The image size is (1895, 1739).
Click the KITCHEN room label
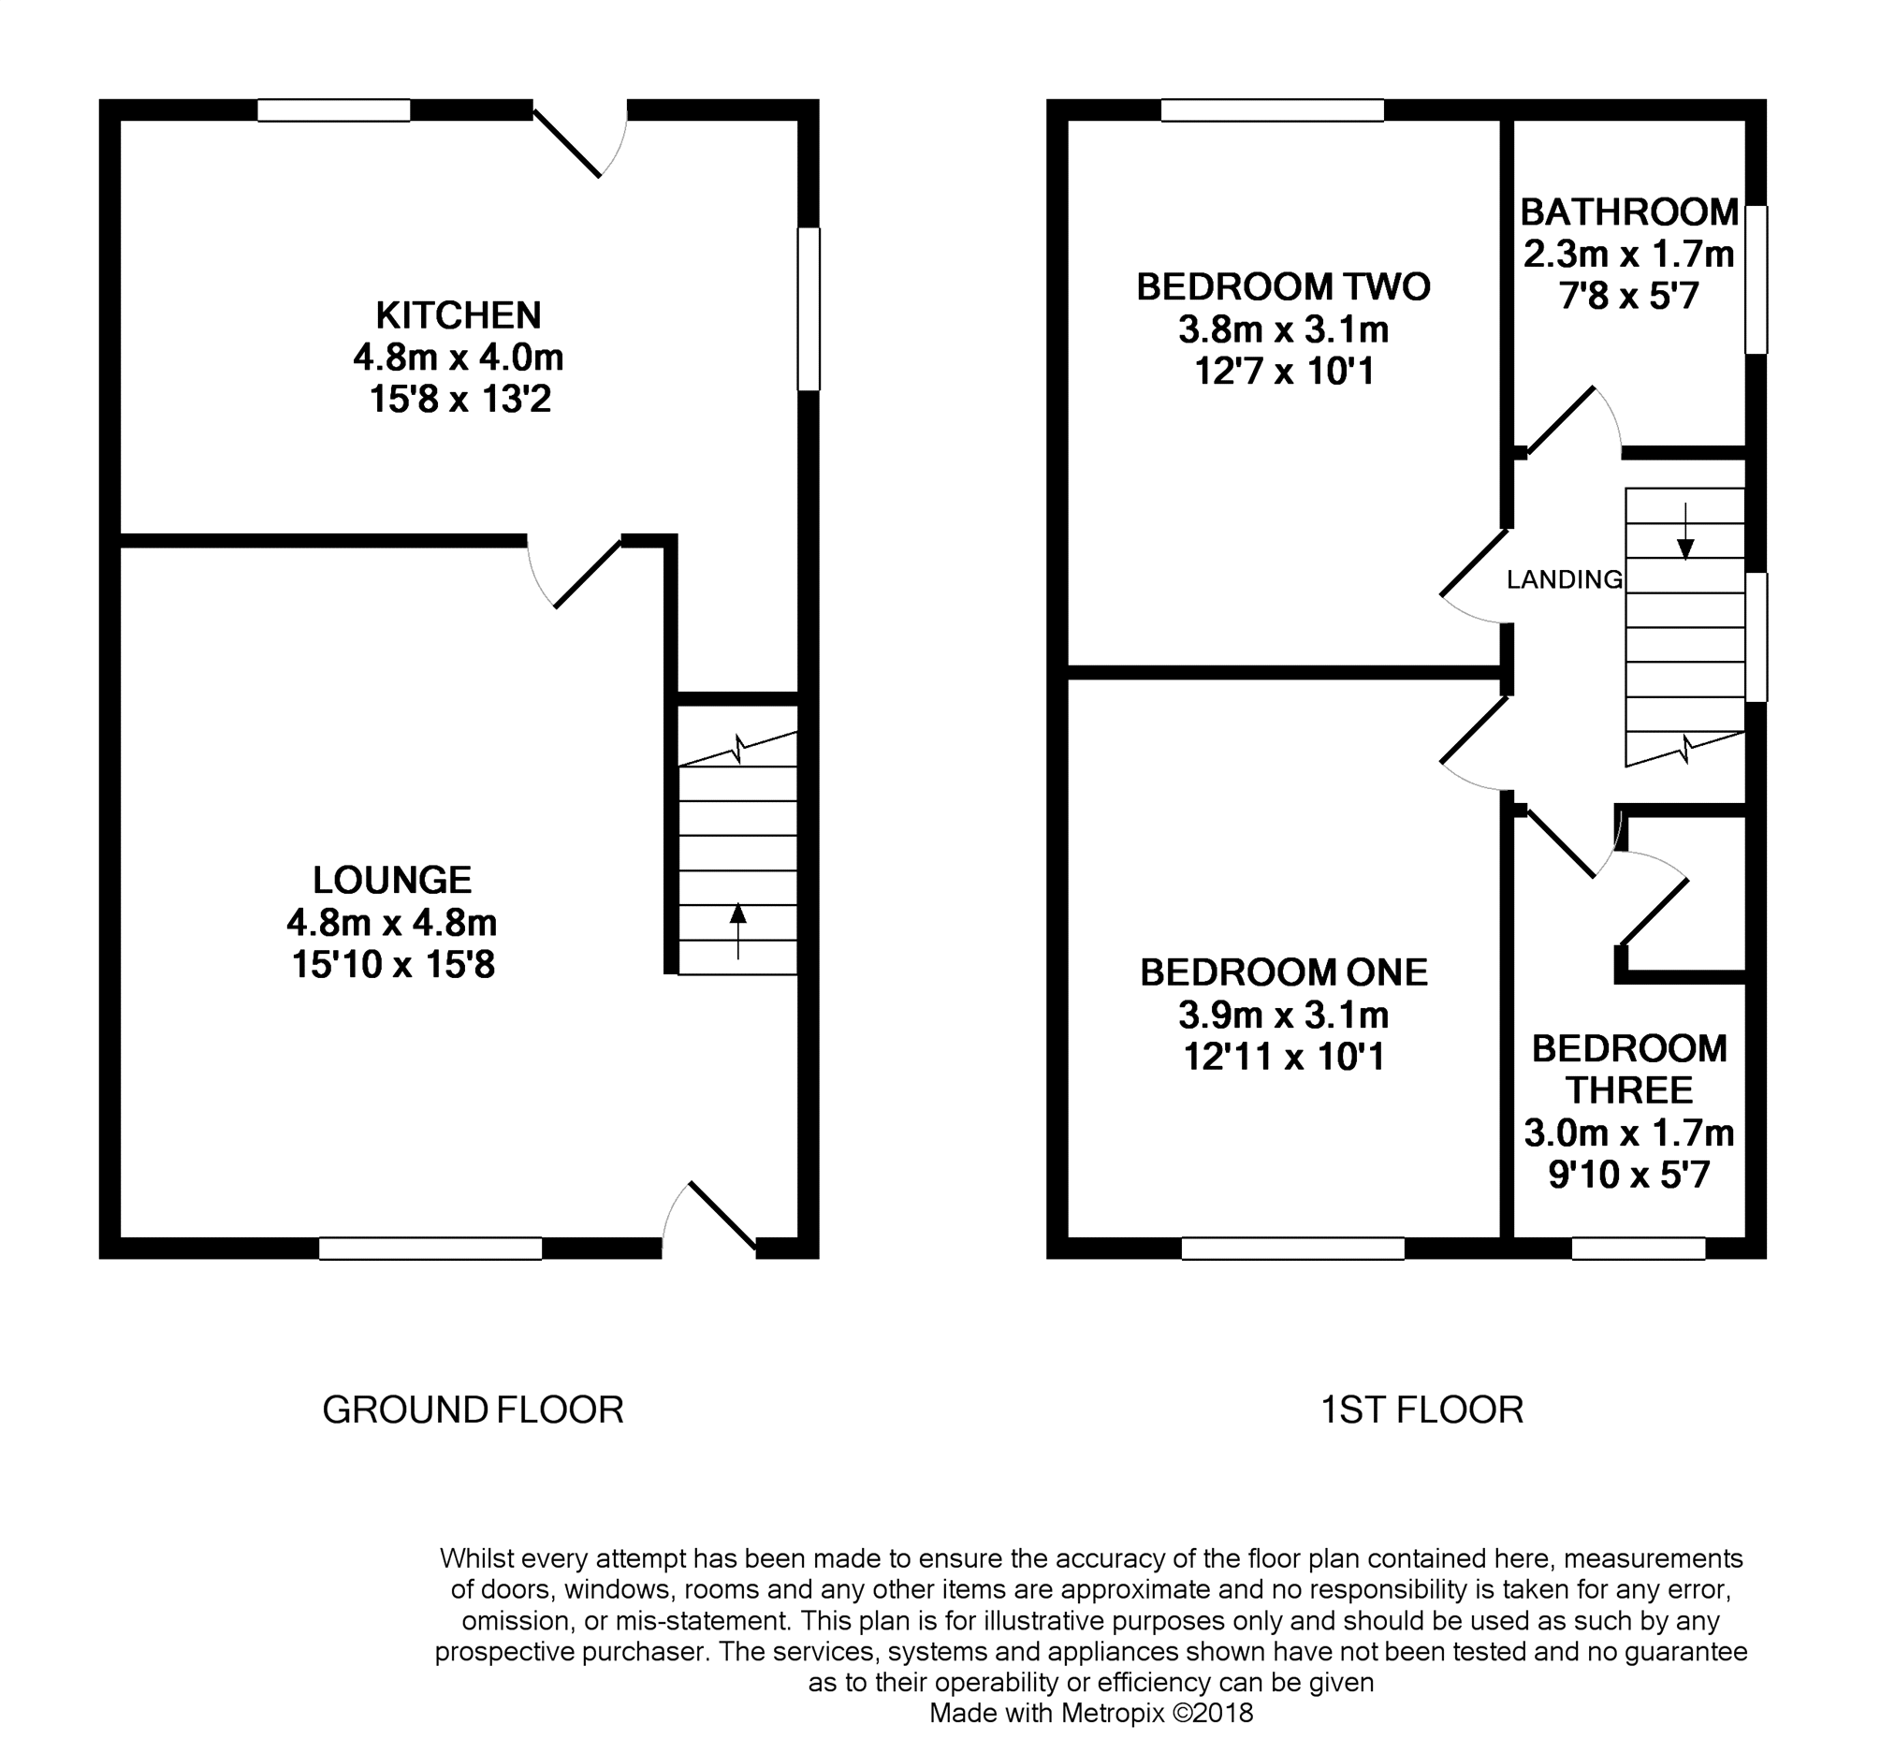459,314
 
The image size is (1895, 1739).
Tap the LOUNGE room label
392,880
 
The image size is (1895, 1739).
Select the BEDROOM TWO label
1283,287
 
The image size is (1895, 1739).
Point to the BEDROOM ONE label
1283,972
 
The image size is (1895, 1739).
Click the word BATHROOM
1629,212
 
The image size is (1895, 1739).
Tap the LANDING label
1565,579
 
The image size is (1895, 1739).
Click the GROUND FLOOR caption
474,1410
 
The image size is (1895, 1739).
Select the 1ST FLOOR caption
1421,1410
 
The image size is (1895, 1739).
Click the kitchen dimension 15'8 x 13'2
459,400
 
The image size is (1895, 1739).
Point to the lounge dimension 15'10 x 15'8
393,966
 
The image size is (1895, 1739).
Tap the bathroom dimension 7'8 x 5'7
1629,298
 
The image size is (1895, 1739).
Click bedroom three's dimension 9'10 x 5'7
1629,1176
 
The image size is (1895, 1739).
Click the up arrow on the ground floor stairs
737,930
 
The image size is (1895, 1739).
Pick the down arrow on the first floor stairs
1685,532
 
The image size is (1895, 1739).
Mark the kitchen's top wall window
334,110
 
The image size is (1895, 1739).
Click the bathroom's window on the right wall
1756,280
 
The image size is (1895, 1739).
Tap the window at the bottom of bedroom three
1639,1248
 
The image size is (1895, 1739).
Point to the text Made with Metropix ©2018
1091,1713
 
